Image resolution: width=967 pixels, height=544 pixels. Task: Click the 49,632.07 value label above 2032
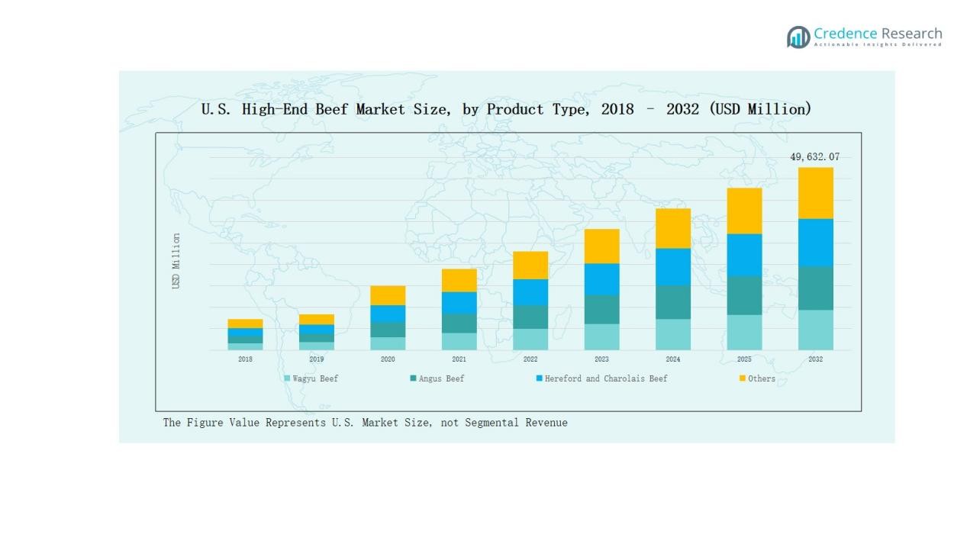(x=814, y=157)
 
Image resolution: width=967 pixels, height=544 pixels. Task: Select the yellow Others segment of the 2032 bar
(x=815, y=193)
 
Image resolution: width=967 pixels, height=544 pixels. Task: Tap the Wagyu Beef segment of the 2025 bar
(x=744, y=332)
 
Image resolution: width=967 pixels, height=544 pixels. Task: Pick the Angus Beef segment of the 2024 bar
(x=672, y=302)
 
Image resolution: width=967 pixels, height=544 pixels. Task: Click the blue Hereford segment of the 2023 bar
(x=601, y=279)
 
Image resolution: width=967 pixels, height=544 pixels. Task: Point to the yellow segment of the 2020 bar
(x=388, y=295)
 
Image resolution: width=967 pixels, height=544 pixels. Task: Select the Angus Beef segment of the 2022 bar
(x=530, y=317)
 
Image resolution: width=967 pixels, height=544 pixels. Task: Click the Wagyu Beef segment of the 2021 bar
(x=459, y=341)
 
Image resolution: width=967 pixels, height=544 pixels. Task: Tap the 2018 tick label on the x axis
(x=245, y=359)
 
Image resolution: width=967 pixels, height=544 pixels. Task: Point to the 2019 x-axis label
(x=317, y=359)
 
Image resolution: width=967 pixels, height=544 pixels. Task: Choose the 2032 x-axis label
(x=815, y=359)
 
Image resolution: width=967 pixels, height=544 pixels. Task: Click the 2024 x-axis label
(x=672, y=359)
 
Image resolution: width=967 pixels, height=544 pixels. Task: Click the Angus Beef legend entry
(x=437, y=378)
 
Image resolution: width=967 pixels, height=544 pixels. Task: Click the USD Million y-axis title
(x=176, y=261)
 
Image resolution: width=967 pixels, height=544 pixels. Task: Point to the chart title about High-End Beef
(x=506, y=109)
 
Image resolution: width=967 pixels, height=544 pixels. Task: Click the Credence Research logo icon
(x=798, y=37)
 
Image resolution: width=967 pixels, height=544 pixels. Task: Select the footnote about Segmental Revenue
(x=365, y=423)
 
